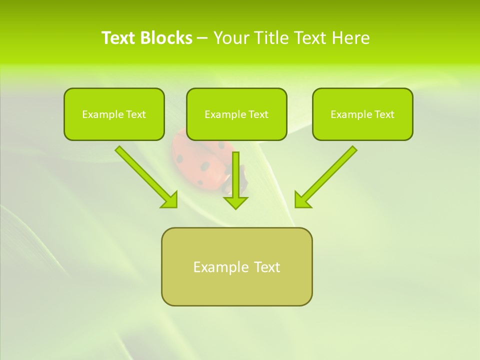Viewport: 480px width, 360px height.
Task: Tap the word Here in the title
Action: pyautogui.click(x=350, y=38)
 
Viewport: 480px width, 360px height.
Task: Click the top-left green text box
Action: pyautogui.click(x=114, y=114)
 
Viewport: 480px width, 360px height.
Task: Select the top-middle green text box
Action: pyautogui.click(x=236, y=114)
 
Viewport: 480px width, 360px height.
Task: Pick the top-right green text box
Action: pyautogui.click(x=362, y=114)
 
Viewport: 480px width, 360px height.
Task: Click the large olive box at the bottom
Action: pyautogui.click(x=236, y=266)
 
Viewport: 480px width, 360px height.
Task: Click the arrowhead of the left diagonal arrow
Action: pyautogui.click(x=170, y=200)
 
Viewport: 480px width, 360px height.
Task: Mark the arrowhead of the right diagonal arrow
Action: pyautogui.click(x=302, y=200)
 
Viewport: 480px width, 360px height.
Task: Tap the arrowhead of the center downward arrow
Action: pyautogui.click(x=235, y=202)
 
